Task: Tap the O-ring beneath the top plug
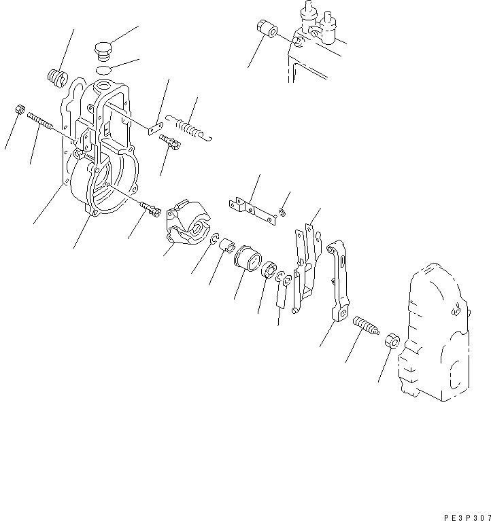click(x=103, y=70)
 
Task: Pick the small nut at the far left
click(x=20, y=109)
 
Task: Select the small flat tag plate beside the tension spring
click(x=154, y=126)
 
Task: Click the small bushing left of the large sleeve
click(x=226, y=243)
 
